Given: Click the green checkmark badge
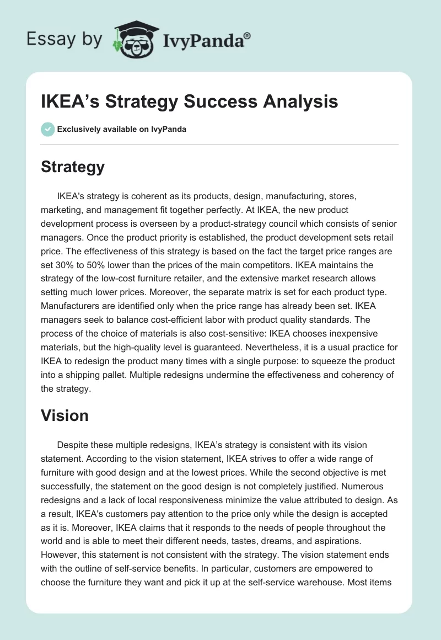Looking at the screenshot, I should pyautogui.click(x=47, y=129).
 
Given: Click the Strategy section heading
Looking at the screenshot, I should pyautogui.click(x=73, y=167).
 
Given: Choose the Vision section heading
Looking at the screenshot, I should pyautogui.click(x=64, y=415).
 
